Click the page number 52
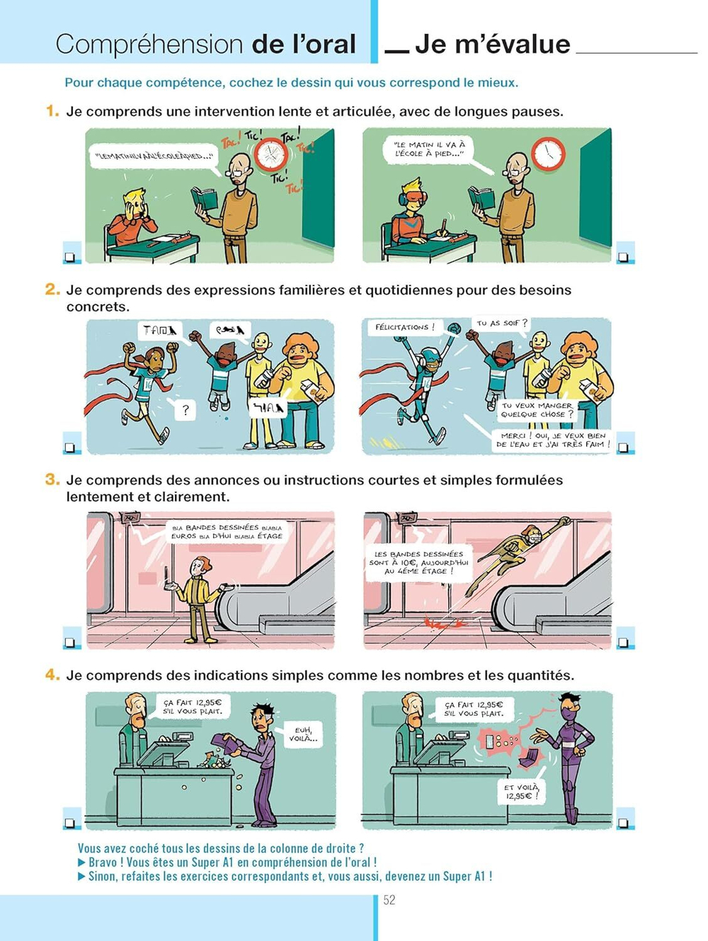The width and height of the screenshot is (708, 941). [389, 900]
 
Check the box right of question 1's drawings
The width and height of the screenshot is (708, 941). [624, 257]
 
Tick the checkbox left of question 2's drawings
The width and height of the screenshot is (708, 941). [70, 447]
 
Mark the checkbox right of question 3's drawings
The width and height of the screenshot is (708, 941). [623, 642]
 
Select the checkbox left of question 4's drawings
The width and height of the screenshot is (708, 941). [70, 823]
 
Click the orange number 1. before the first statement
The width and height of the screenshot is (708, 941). [52, 111]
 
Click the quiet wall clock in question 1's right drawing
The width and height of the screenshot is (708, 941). [548, 154]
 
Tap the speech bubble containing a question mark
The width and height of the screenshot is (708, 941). [185, 409]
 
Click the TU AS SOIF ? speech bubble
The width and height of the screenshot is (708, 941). [502, 324]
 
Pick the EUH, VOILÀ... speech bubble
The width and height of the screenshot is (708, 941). [303, 734]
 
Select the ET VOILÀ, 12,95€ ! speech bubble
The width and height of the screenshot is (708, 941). [522, 791]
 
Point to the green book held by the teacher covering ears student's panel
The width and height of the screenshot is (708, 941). [205, 199]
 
